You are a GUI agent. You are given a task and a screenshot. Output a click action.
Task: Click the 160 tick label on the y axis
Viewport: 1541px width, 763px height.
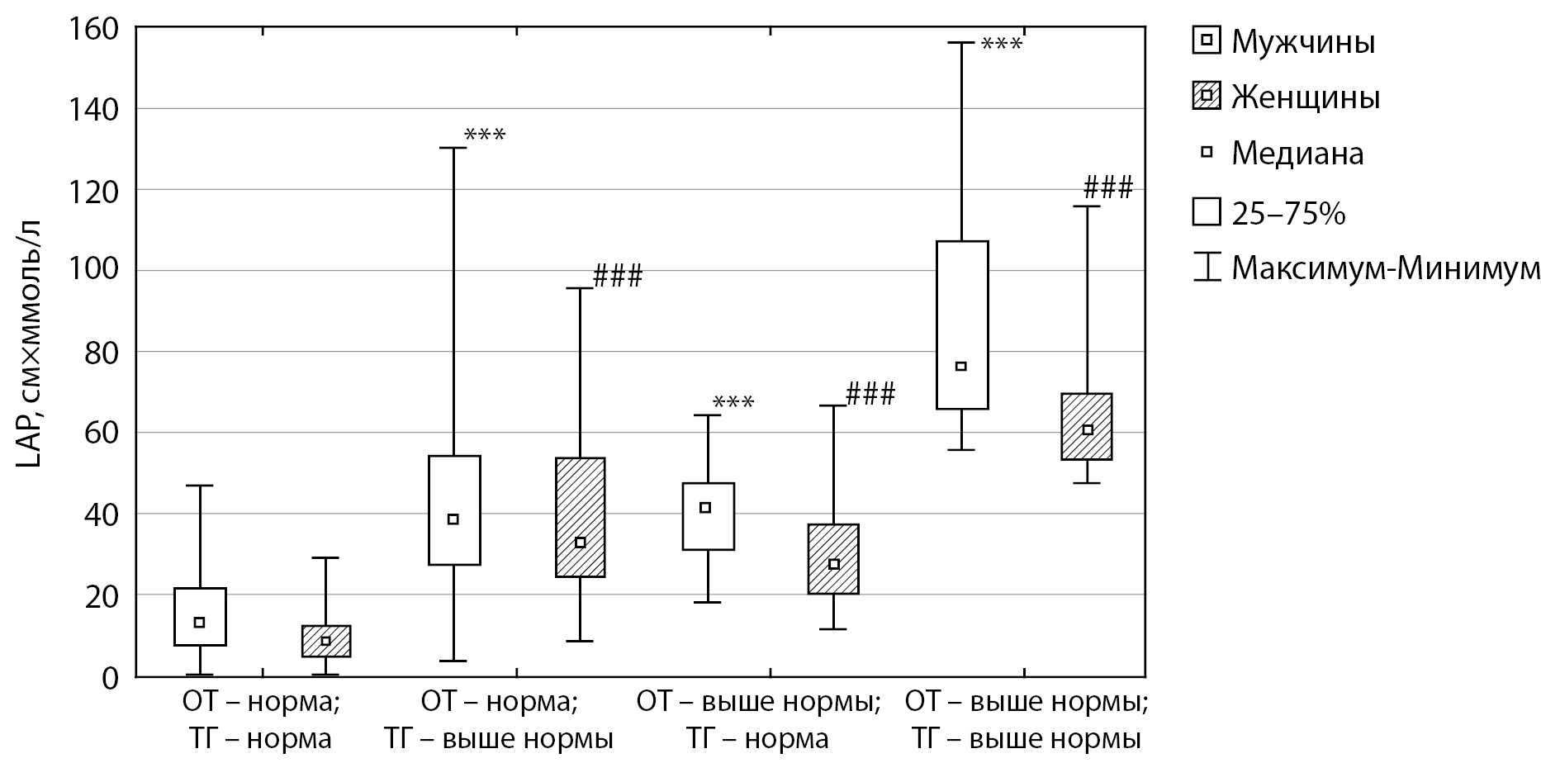pyautogui.click(x=97, y=28)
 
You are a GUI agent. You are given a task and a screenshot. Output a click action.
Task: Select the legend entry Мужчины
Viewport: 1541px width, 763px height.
pyautogui.click(x=1302, y=41)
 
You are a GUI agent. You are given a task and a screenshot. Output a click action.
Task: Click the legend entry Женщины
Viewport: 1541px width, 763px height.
pyautogui.click(x=1306, y=97)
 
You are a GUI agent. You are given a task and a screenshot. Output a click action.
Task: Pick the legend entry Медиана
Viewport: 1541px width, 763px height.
pyautogui.click(x=1297, y=153)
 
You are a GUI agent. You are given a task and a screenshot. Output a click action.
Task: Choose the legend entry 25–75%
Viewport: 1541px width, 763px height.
pyautogui.click(x=1288, y=214)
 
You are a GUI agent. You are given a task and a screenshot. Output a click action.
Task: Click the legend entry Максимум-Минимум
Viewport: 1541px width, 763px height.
pyautogui.click(x=1385, y=269)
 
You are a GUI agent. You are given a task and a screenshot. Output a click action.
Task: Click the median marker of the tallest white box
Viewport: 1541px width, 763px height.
pyautogui.click(x=960, y=366)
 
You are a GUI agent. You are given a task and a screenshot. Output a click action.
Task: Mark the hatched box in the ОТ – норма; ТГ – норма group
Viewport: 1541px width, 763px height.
pyautogui.click(x=326, y=642)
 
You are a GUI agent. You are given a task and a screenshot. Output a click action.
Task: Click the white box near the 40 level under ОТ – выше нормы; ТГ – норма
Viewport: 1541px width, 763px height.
pyautogui.click(x=709, y=516)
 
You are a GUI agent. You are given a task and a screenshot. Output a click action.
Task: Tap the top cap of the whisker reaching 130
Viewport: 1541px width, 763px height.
pyautogui.click(x=453, y=148)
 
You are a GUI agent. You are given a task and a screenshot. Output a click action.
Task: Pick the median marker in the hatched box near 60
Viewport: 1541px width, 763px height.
pyautogui.click(x=1088, y=429)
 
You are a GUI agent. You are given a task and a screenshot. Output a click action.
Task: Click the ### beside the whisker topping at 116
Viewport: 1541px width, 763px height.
pyautogui.click(x=1107, y=188)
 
